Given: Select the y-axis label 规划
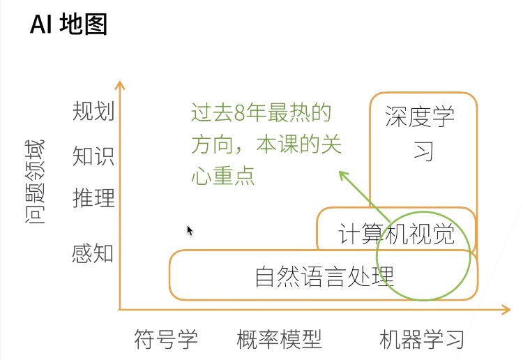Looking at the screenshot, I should click(x=93, y=112).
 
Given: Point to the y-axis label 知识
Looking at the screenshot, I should click(x=93, y=156).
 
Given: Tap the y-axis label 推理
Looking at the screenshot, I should click(x=93, y=199).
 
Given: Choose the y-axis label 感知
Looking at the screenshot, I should click(x=93, y=253).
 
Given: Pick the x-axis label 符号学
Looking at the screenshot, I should click(x=166, y=340).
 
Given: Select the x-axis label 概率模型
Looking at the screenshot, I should click(x=279, y=340).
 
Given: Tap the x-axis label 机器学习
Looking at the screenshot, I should click(x=422, y=340).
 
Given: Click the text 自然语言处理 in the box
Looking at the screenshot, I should click(x=324, y=276).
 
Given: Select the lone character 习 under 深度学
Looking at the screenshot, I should click(x=423, y=151).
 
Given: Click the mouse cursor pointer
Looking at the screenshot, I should click(x=189, y=230).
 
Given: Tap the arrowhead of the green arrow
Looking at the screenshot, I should click(x=341, y=174).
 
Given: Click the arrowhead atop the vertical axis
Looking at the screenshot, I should click(x=120, y=85).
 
